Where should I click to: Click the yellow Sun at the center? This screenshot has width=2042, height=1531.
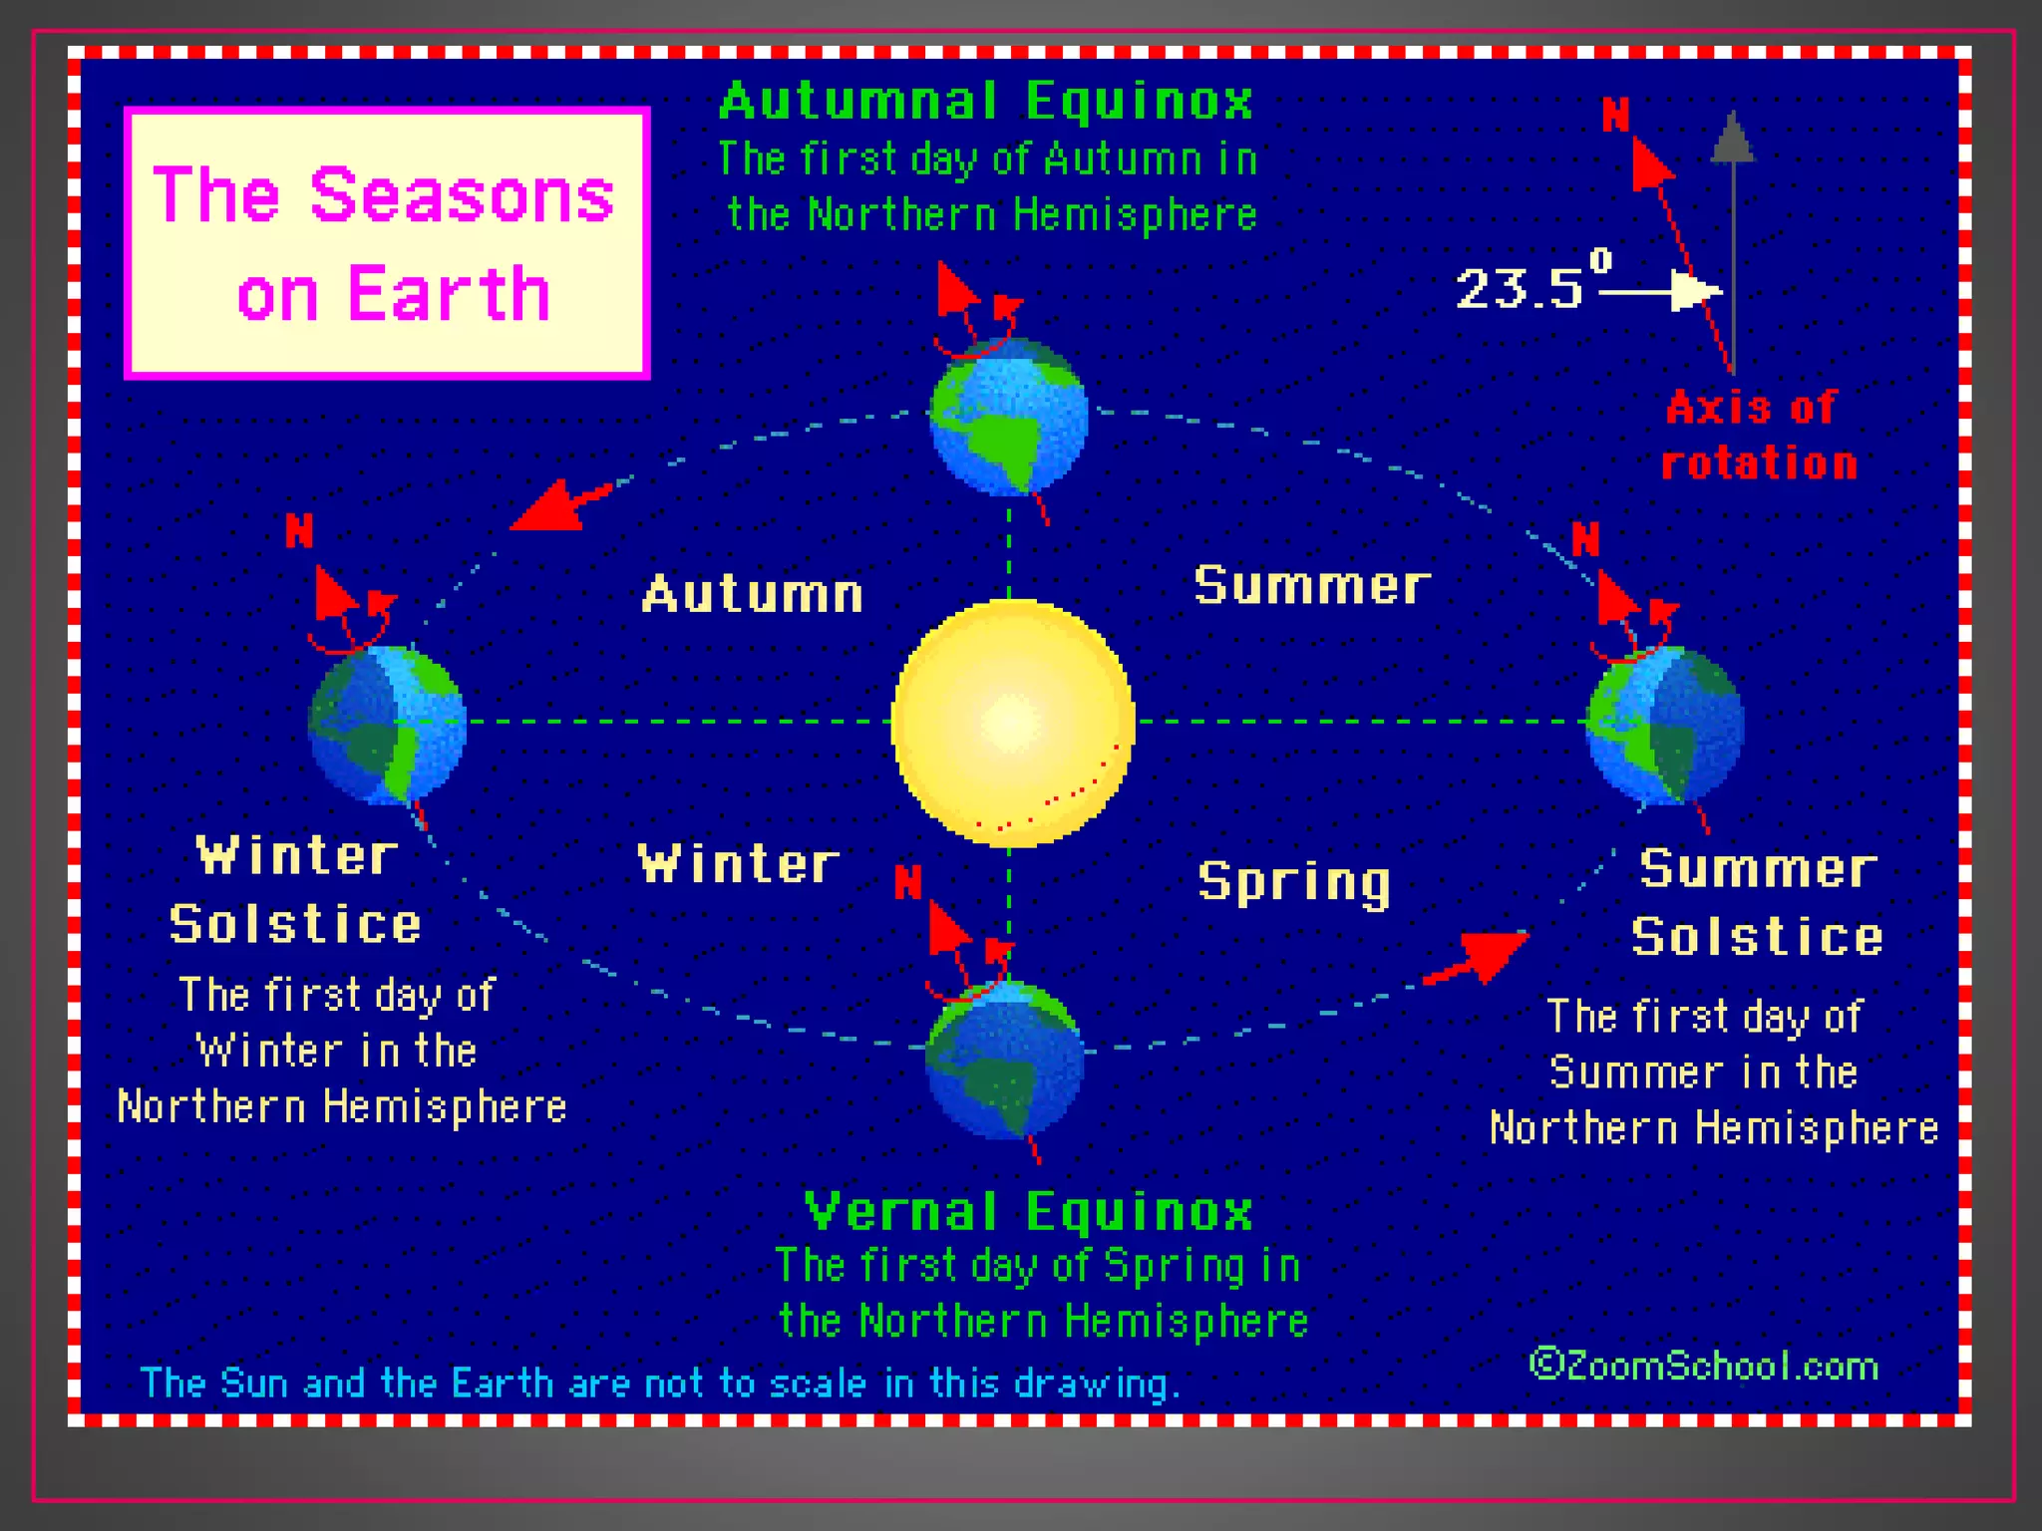[x=1012, y=723]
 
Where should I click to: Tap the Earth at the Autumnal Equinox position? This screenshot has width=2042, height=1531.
[x=1008, y=417]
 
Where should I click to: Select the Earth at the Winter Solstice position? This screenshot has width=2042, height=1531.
[x=388, y=725]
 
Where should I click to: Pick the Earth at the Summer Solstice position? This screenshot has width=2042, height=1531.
[x=1665, y=725]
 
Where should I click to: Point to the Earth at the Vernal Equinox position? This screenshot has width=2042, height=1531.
[x=1005, y=1060]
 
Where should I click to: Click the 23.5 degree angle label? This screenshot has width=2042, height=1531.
[x=1531, y=286]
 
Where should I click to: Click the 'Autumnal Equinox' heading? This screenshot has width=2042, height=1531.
[x=986, y=102]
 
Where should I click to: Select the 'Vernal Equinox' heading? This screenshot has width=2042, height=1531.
[x=1028, y=1212]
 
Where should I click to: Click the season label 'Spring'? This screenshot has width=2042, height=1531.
[x=1293, y=882]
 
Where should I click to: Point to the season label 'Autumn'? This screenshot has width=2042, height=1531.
[x=753, y=595]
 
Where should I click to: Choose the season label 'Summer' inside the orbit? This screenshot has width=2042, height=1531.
[x=1311, y=585]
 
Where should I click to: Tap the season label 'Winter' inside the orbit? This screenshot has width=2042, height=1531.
[x=738, y=863]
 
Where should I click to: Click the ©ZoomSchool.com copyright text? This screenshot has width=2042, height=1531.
[x=1703, y=1365]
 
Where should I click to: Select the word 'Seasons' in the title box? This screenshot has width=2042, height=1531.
[x=462, y=195]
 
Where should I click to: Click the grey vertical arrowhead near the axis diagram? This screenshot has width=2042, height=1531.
[x=1733, y=138]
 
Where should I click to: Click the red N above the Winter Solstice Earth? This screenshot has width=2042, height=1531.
[x=299, y=530]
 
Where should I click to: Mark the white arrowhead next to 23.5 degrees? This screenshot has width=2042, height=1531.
[x=1695, y=292]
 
